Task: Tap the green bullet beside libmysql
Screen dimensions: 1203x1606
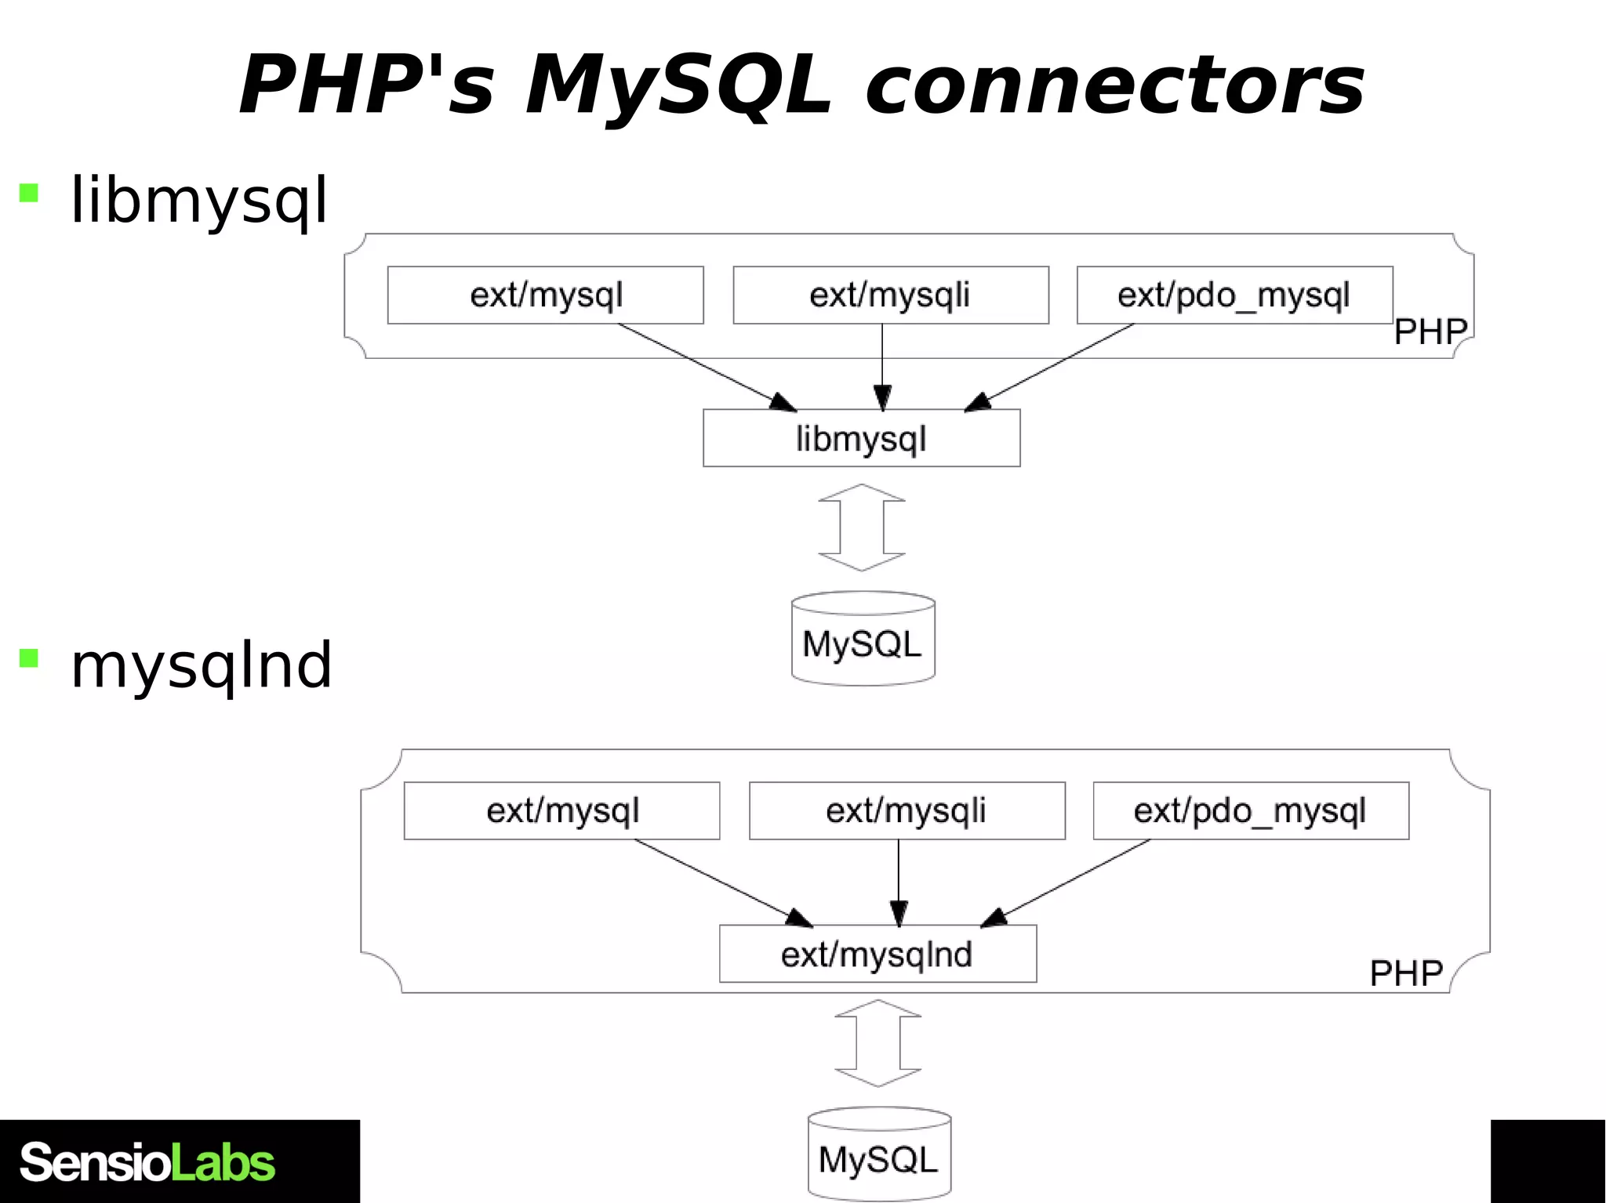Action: tap(29, 193)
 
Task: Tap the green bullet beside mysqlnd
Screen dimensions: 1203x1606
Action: tap(29, 658)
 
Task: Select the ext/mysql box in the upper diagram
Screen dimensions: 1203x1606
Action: tap(545, 295)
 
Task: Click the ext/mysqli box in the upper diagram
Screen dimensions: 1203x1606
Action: tap(890, 295)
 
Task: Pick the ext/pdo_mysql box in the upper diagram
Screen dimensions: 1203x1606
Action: tap(1234, 295)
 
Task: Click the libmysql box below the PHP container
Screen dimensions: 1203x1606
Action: tap(861, 438)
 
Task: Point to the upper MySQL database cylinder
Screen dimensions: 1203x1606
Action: tap(863, 639)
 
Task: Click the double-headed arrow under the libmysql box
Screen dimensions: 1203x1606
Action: tap(862, 527)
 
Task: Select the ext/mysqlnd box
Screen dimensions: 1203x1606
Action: tap(877, 954)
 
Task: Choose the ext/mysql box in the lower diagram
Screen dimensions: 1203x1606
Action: tap(561, 811)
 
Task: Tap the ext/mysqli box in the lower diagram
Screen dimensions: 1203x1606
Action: tap(907, 811)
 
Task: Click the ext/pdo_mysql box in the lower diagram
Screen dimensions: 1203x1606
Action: tap(1251, 811)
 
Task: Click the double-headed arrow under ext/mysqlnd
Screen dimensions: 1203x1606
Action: tap(877, 1043)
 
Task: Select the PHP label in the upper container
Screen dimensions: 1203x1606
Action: tap(1430, 332)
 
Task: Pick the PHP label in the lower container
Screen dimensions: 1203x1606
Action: tap(1405, 973)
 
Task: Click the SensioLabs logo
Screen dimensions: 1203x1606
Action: tap(147, 1162)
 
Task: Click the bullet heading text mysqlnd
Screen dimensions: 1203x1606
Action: tap(202, 665)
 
